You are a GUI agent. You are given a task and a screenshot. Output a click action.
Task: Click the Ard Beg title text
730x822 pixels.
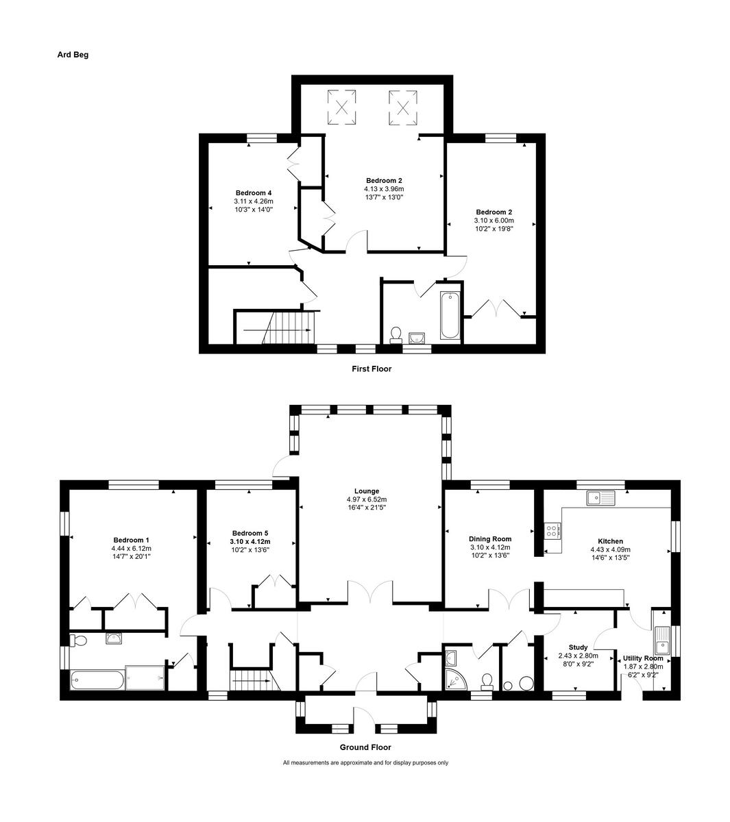point(73,55)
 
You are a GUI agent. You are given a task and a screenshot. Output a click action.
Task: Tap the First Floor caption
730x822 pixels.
point(371,369)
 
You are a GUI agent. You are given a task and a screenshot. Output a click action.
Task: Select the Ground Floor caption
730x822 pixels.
point(365,747)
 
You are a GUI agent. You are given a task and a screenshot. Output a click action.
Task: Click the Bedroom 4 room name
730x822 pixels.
point(254,192)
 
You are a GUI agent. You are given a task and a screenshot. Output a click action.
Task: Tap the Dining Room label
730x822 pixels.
point(490,538)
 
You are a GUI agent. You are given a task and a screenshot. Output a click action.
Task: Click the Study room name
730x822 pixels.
point(578,647)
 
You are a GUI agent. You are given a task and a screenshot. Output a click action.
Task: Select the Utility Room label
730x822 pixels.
point(643,658)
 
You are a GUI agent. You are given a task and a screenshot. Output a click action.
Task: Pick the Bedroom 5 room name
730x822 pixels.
point(250,533)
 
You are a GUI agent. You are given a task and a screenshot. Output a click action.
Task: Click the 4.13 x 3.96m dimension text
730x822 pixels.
point(384,189)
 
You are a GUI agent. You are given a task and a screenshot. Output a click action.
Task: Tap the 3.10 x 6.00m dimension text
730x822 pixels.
point(494,221)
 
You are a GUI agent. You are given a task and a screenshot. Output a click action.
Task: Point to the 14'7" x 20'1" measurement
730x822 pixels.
point(130,557)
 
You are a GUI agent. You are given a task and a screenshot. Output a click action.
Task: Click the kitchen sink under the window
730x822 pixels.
point(601,498)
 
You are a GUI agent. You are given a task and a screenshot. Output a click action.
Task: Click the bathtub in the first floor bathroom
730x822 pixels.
point(450,315)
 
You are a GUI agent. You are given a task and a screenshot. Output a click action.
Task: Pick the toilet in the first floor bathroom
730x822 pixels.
point(396,334)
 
